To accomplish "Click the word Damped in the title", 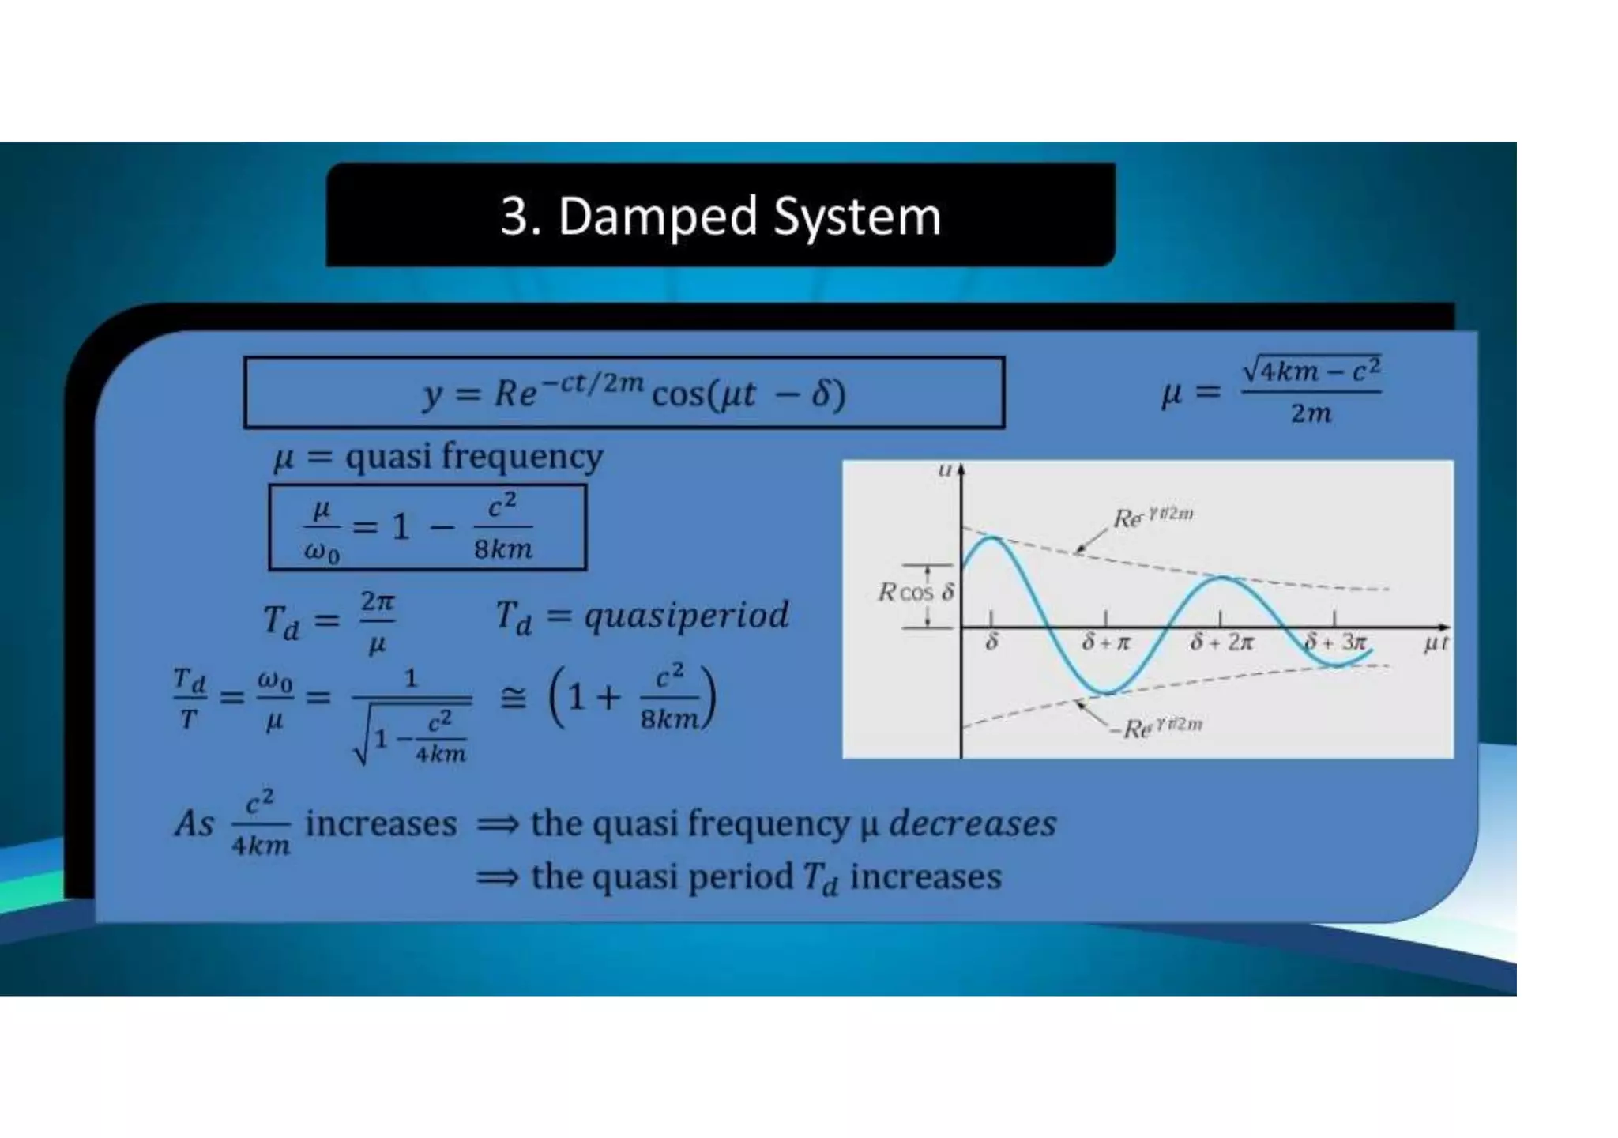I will click(x=657, y=217).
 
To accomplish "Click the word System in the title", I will click(x=857, y=217).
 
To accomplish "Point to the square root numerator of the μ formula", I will click(x=1311, y=370).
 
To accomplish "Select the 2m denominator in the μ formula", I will click(x=1311, y=413).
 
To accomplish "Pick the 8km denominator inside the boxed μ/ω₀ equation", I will click(x=503, y=548).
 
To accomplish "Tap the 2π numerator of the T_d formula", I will click(x=378, y=602).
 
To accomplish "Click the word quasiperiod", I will click(x=686, y=615).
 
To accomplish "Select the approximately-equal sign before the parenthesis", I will click(x=514, y=699).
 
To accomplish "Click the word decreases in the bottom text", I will click(x=973, y=823).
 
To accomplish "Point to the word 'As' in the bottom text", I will click(x=194, y=823).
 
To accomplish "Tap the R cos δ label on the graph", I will click(x=916, y=592).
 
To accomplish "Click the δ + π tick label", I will click(x=1106, y=642).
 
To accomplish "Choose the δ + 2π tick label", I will click(x=1221, y=642).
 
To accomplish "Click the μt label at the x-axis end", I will click(x=1435, y=643).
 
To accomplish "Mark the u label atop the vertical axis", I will click(x=944, y=470).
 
